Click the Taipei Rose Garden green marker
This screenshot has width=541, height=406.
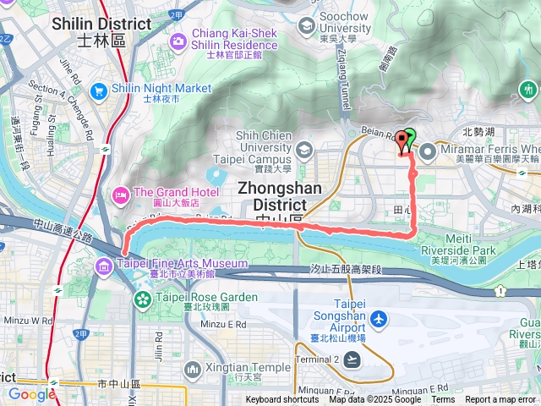[x=141, y=298]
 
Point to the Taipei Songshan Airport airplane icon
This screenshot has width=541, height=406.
[x=380, y=320]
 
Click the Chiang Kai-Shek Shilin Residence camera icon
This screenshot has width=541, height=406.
[x=178, y=40]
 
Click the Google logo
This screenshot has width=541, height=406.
[x=31, y=394]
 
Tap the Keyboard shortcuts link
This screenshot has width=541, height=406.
[x=282, y=400]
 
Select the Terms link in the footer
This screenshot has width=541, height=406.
[x=443, y=400]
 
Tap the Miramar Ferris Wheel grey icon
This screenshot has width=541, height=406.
[x=427, y=152]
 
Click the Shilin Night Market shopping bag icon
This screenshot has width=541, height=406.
[x=99, y=89]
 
